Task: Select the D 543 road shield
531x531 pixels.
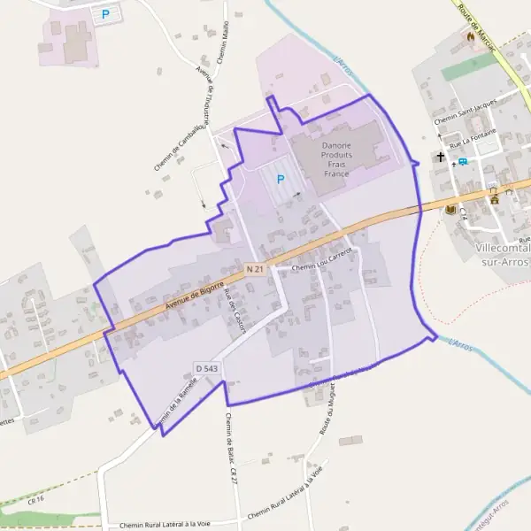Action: point(206,367)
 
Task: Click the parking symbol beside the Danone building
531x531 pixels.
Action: point(281,179)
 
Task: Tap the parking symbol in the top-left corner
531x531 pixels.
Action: point(106,14)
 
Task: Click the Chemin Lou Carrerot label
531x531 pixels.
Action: point(322,259)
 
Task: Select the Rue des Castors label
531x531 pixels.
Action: point(235,312)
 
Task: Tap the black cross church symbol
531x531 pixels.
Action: point(440,158)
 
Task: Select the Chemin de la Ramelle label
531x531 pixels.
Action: point(175,400)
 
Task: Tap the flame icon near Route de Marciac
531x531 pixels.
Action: point(471,39)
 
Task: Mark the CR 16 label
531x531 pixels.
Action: point(35,499)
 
